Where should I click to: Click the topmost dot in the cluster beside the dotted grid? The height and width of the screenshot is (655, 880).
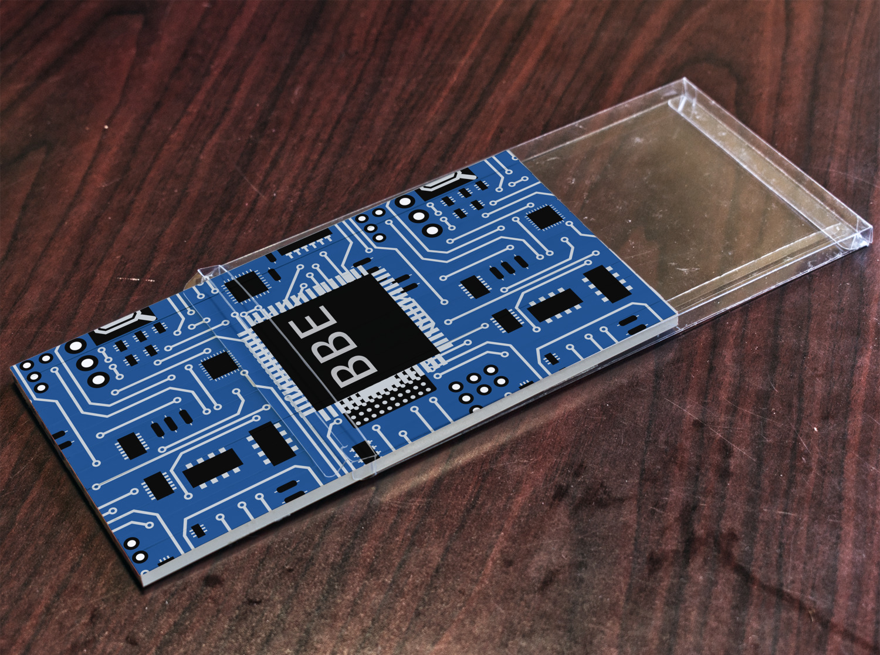pos(491,370)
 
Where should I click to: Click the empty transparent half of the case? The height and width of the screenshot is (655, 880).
pos(675,198)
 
